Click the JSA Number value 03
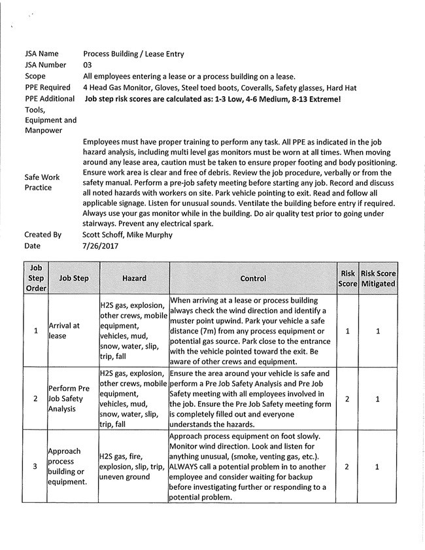[x=88, y=65]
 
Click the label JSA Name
[x=41, y=54]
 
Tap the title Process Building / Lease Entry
[x=133, y=54]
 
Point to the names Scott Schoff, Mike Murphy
[x=127, y=235]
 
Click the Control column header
[x=253, y=278]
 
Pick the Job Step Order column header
[x=35, y=278]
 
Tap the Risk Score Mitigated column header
[x=378, y=278]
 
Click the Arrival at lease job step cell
[x=64, y=330]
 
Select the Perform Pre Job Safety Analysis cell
[x=67, y=398]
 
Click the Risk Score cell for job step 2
[x=347, y=398]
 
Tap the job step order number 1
[x=35, y=330]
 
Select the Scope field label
[x=35, y=76]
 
